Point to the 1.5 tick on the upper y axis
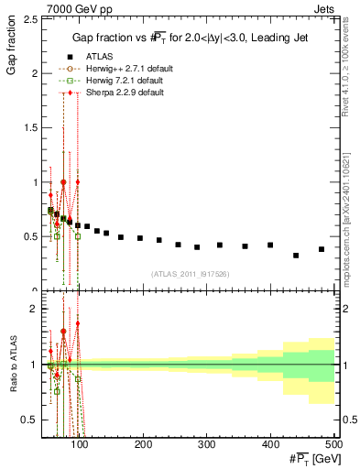click(33, 127)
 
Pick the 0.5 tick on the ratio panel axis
click(33, 420)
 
